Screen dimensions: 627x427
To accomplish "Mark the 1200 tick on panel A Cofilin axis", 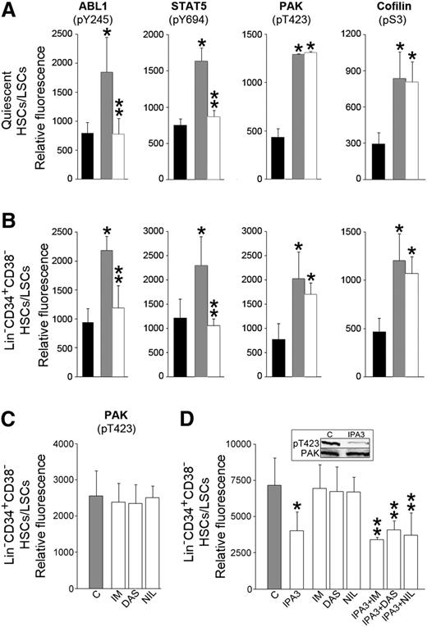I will coord(349,35).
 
